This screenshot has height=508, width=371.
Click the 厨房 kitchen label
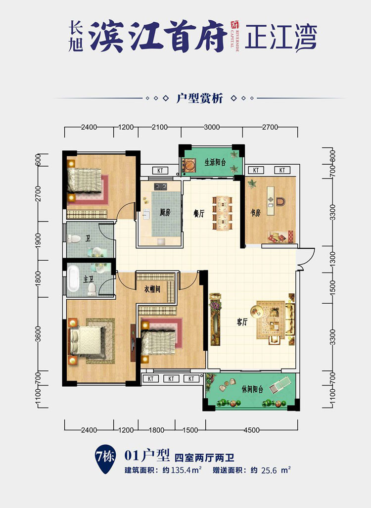point(165,213)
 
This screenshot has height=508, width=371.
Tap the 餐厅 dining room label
point(199,213)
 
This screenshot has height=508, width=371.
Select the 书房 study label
point(255,213)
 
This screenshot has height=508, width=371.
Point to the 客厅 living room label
point(242,322)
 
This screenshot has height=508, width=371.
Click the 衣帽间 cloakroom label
point(152,289)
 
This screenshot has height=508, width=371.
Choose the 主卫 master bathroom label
point(89,279)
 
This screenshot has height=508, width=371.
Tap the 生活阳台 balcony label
point(215,162)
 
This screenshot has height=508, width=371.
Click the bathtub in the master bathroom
point(73,278)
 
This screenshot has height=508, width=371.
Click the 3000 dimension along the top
point(211,127)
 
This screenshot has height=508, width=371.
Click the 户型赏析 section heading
point(200,98)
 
